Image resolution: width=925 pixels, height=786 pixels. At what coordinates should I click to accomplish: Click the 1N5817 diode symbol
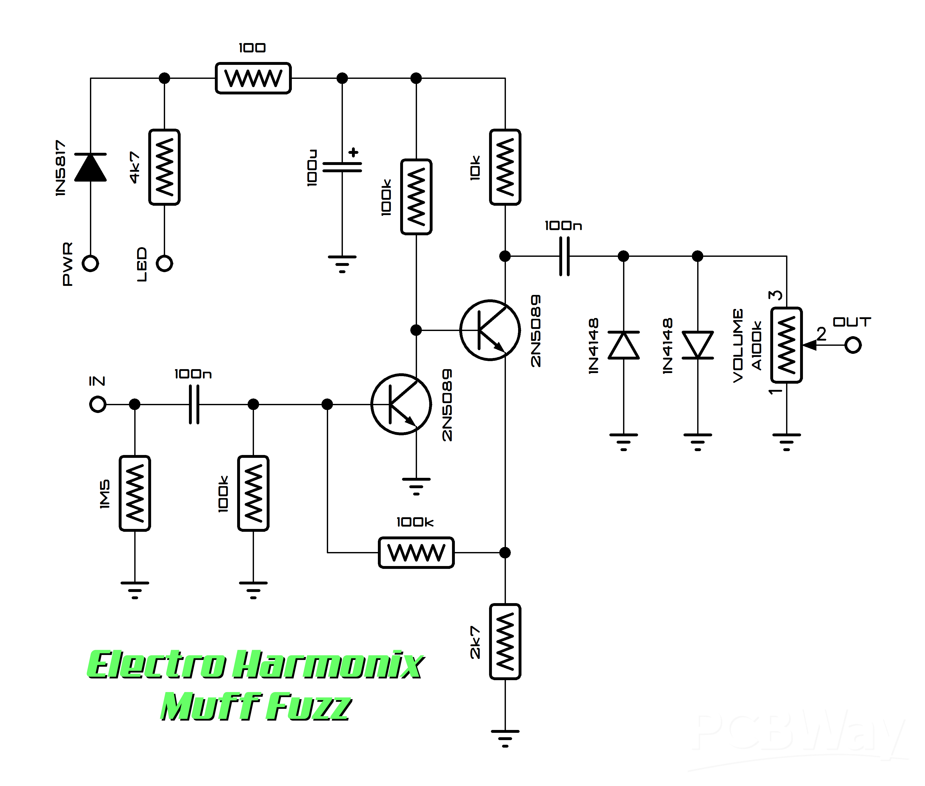tap(90, 167)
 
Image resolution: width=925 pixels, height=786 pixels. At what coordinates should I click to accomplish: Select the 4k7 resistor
tap(164, 167)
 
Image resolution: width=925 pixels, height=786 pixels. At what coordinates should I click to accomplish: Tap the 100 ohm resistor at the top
tap(253, 78)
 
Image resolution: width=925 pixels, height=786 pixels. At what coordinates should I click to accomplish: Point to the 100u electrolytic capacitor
tap(342, 167)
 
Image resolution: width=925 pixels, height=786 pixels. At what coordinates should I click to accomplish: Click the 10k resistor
tap(505, 167)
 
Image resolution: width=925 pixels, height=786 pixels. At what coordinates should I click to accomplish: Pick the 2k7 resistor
tap(505, 642)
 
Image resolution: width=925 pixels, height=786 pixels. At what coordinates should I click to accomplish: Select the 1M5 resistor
tap(135, 493)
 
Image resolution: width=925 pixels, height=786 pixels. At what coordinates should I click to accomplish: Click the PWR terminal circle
tap(90, 263)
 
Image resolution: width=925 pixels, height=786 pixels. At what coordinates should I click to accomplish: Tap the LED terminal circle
tap(164, 263)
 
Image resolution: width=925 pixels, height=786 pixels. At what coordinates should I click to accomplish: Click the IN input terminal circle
tap(97, 405)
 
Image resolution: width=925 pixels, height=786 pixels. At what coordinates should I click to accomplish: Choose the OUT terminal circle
tap(853, 345)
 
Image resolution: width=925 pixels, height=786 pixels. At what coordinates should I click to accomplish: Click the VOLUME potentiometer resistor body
tap(787, 345)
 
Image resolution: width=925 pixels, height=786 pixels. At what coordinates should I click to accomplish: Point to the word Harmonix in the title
tap(329, 665)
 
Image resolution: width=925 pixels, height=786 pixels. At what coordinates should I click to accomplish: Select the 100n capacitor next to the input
tap(194, 405)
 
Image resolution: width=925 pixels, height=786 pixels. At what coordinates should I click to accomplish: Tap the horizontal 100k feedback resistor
tap(416, 553)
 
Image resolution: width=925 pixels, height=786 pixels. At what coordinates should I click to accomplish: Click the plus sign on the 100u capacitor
tap(354, 152)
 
